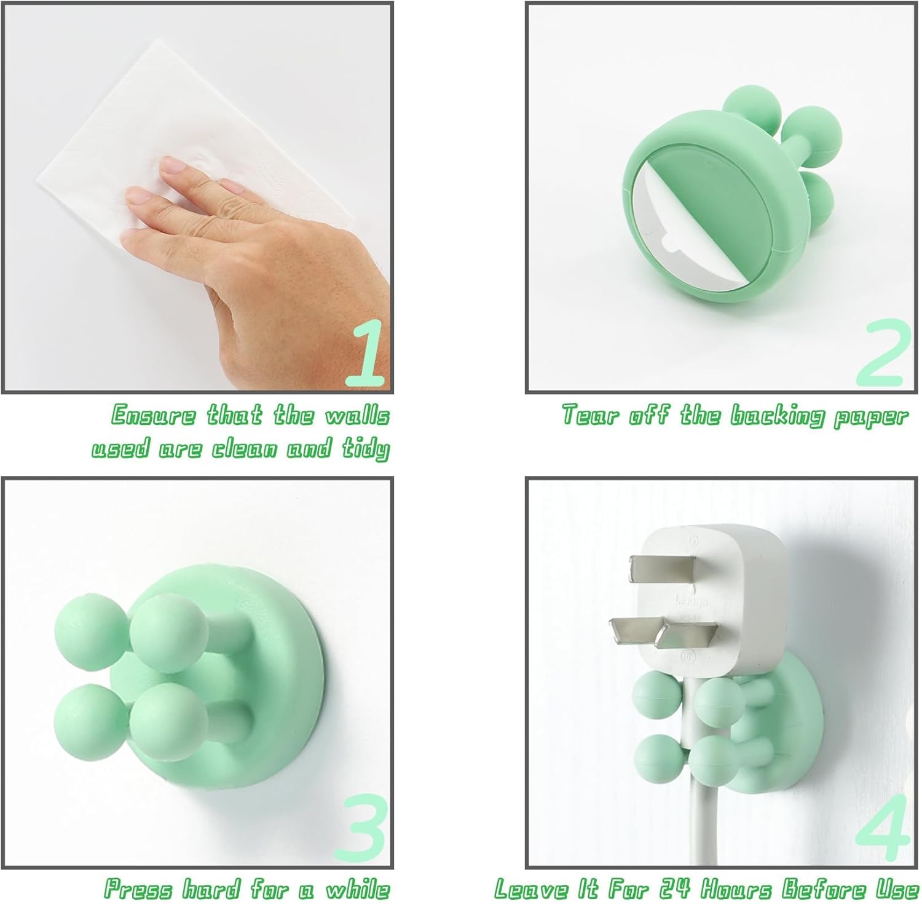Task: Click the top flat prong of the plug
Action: [x=661, y=567]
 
